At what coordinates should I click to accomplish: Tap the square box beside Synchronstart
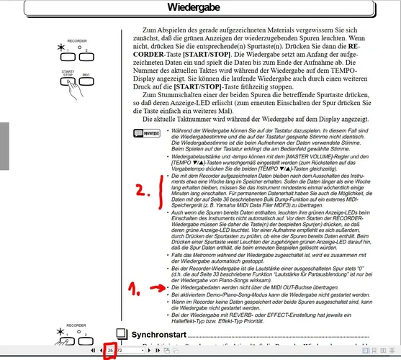[120, 336]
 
